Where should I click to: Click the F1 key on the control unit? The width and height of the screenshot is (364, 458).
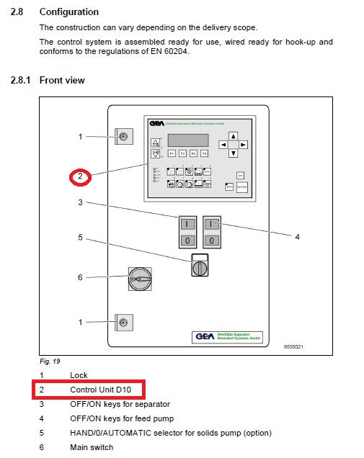point(172,153)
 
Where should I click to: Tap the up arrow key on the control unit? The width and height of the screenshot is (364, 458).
point(233,136)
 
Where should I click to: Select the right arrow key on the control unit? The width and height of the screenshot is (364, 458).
point(243,145)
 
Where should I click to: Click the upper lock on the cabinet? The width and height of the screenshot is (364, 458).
point(123,136)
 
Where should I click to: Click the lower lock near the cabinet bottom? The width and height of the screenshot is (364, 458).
point(123,322)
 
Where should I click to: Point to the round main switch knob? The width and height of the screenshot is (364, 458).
point(140,278)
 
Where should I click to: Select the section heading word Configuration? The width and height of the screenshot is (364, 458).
point(69,12)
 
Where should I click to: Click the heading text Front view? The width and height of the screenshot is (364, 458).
point(62,80)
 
